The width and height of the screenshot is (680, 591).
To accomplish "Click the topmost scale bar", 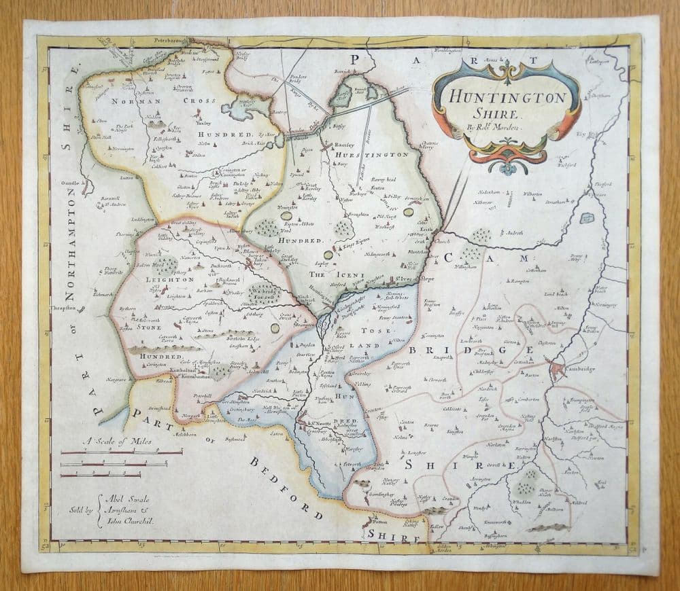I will [122, 452].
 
